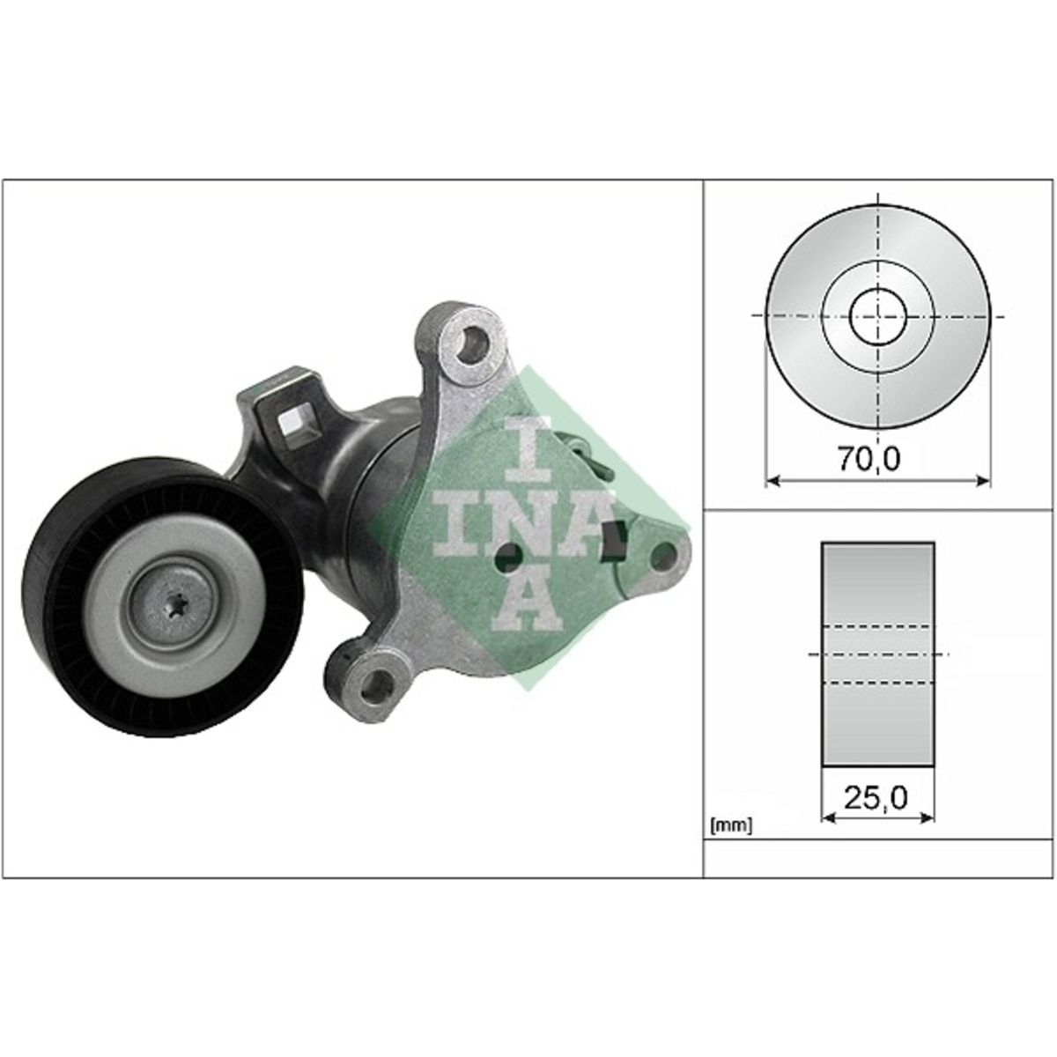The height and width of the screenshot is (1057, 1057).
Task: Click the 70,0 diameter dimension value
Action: coord(869,459)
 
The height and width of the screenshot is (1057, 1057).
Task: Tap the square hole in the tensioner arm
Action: coord(294,426)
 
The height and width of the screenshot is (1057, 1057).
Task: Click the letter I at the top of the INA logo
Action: coord(528,456)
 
